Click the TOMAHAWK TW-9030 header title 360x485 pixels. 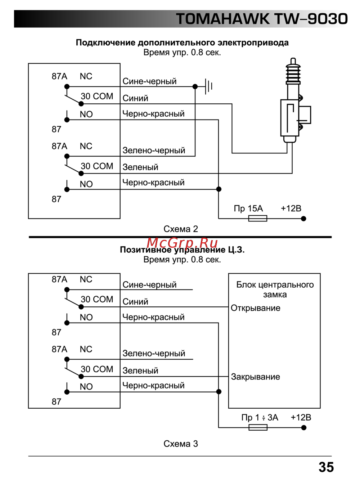click(262, 19)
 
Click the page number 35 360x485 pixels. click(326, 467)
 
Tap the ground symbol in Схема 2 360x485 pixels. click(208, 86)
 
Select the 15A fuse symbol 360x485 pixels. click(258, 218)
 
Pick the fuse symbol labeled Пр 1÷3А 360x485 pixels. click(258, 427)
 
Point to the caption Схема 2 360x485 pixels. click(181, 229)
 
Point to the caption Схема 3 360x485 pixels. click(181, 444)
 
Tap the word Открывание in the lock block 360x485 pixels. click(256, 308)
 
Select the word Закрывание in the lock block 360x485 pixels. click(256, 377)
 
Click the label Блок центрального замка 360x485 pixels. click(275, 289)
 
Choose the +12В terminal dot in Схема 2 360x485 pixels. click(303, 219)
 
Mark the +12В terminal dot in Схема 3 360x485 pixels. click(304, 428)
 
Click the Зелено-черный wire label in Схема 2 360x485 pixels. click(154, 151)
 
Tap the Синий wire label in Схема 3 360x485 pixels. click(135, 302)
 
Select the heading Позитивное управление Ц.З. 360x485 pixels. click(182, 250)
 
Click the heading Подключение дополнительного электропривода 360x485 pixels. click(182, 42)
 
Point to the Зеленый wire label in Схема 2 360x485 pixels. click(140, 167)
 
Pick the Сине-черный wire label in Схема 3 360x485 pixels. click(149, 285)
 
